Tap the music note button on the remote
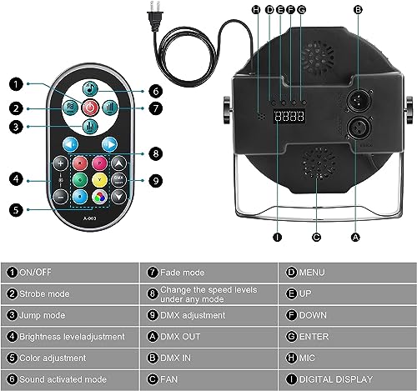tap(91, 88)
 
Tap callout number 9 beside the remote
tap(154, 179)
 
